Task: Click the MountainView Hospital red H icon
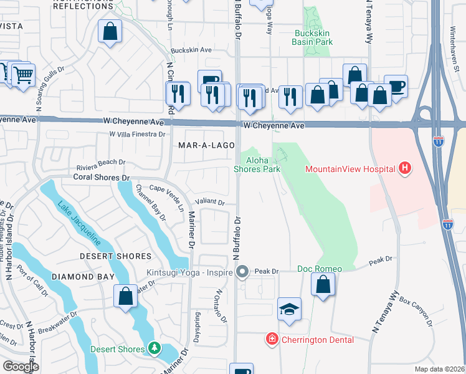405,168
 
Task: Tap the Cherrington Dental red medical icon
272,340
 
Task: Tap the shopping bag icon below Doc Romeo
323,285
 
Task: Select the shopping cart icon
23,75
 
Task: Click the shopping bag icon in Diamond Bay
125,295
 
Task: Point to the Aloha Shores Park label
257,165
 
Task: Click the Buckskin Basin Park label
312,37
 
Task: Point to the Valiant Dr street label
209,201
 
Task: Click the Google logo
21,367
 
